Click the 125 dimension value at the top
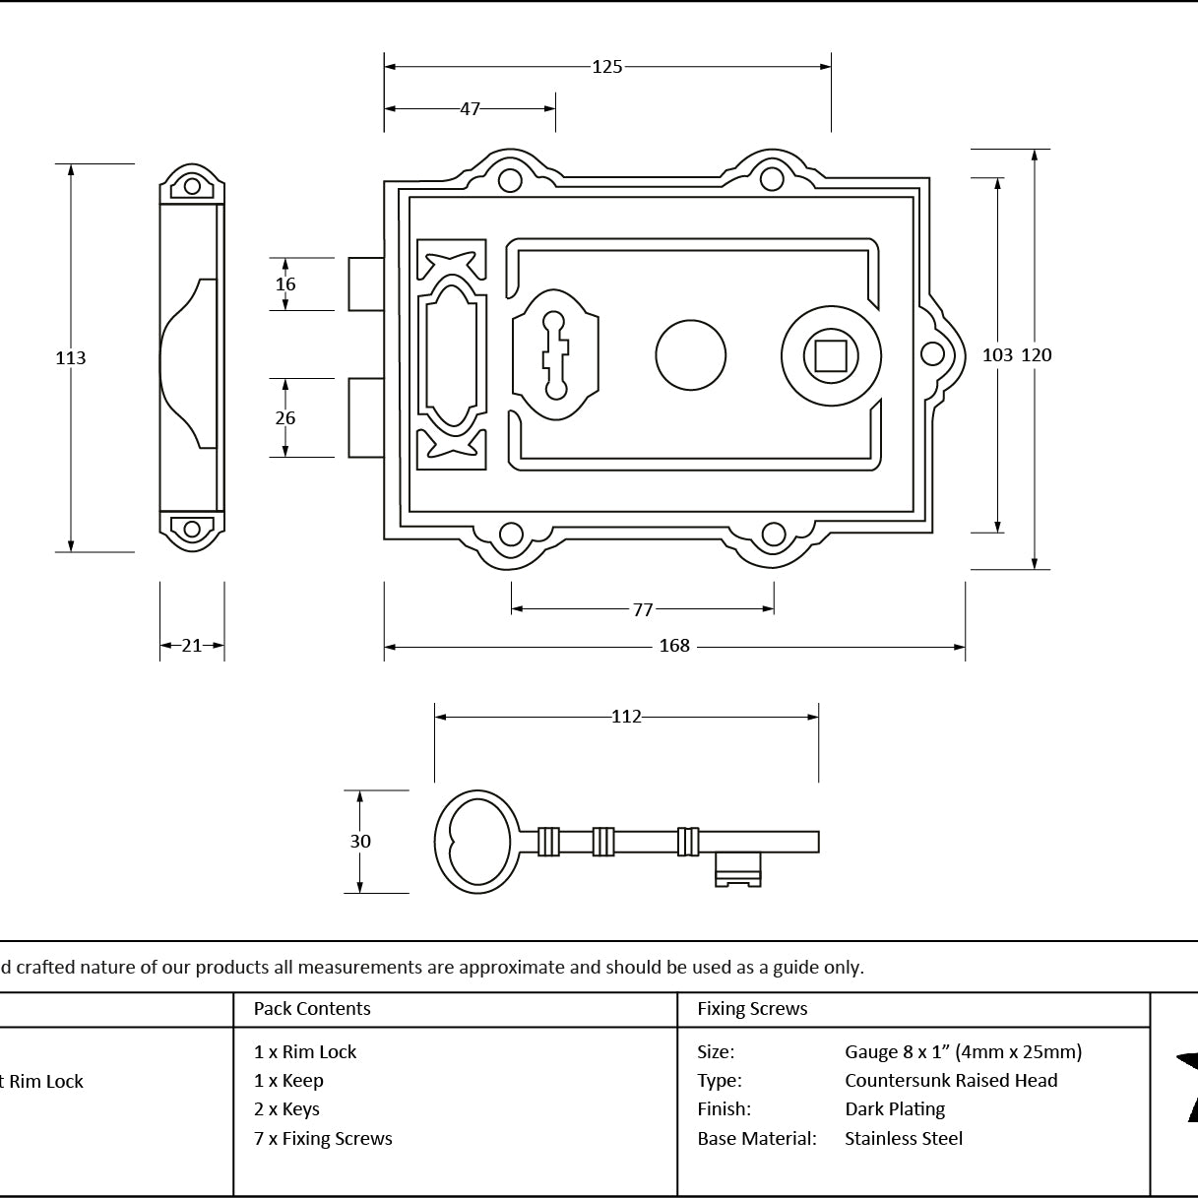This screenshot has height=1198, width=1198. (606, 67)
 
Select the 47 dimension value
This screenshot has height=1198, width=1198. (470, 109)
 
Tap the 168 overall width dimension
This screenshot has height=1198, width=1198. (674, 646)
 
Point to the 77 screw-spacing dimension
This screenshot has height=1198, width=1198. (643, 609)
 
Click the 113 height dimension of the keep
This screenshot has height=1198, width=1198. (70, 358)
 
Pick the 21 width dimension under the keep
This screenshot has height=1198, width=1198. (192, 646)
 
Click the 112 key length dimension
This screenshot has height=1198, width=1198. (626, 717)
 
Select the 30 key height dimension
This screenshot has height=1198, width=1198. (360, 841)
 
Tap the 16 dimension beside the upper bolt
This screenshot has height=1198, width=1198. (285, 284)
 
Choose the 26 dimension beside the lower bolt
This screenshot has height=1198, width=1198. (285, 417)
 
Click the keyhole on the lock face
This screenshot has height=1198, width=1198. (555, 355)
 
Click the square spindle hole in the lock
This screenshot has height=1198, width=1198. (831, 356)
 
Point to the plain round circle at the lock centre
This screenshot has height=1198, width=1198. (691, 355)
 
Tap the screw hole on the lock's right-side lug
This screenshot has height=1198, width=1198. (932, 354)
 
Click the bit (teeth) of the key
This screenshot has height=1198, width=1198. (738, 869)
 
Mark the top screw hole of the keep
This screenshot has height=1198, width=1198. (192, 186)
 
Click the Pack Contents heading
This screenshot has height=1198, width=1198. (312, 1008)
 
